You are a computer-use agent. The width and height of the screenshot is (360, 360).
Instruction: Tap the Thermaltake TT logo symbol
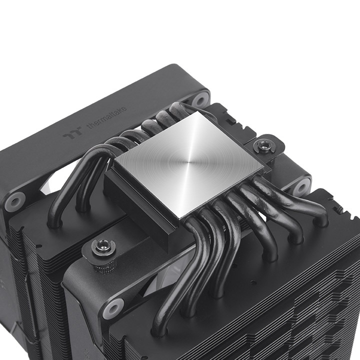tap(71, 134)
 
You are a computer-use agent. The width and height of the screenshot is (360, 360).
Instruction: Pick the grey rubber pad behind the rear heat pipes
tap(199, 98)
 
